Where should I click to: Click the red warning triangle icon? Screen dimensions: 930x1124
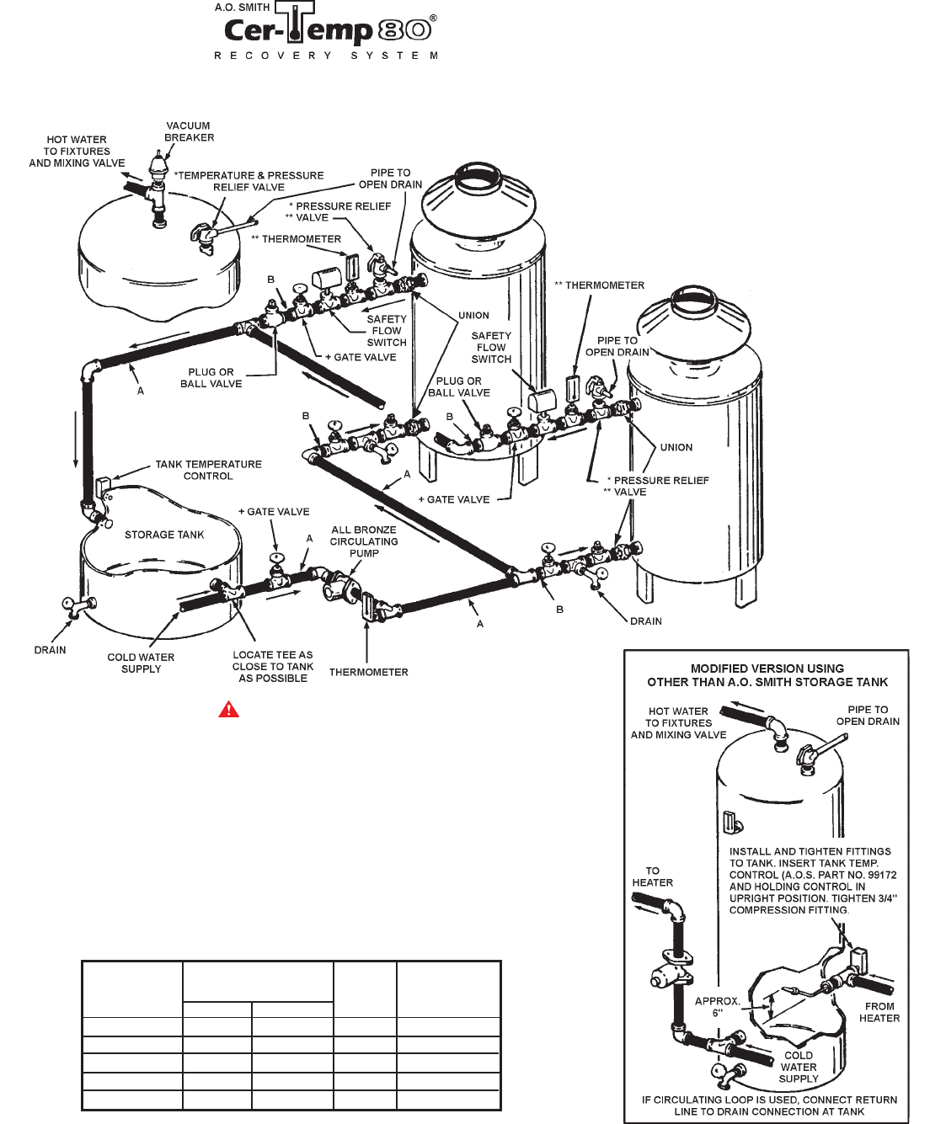[x=229, y=710]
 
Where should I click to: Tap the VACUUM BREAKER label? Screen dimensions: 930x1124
[x=189, y=131]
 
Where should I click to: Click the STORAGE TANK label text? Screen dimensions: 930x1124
[x=164, y=535]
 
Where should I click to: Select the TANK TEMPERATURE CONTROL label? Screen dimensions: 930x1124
[x=208, y=470]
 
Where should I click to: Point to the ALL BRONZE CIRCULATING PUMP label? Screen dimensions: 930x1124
[x=364, y=541]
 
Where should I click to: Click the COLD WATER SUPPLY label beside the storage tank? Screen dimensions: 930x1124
[x=141, y=663]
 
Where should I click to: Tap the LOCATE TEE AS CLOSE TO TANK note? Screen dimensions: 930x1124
[x=273, y=667]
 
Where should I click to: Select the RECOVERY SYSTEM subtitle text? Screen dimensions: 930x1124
[x=326, y=56]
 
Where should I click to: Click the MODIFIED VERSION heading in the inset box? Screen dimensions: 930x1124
[x=767, y=675]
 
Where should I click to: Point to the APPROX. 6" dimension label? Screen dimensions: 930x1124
[x=717, y=1007]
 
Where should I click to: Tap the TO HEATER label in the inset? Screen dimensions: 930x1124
[x=653, y=876]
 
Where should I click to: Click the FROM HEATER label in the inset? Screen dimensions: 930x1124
[x=879, y=1012]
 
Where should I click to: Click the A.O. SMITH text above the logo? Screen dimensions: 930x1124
[x=242, y=8]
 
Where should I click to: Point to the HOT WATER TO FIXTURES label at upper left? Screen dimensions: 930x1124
[x=77, y=152]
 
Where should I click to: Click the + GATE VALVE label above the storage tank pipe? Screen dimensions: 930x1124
[x=274, y=512]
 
